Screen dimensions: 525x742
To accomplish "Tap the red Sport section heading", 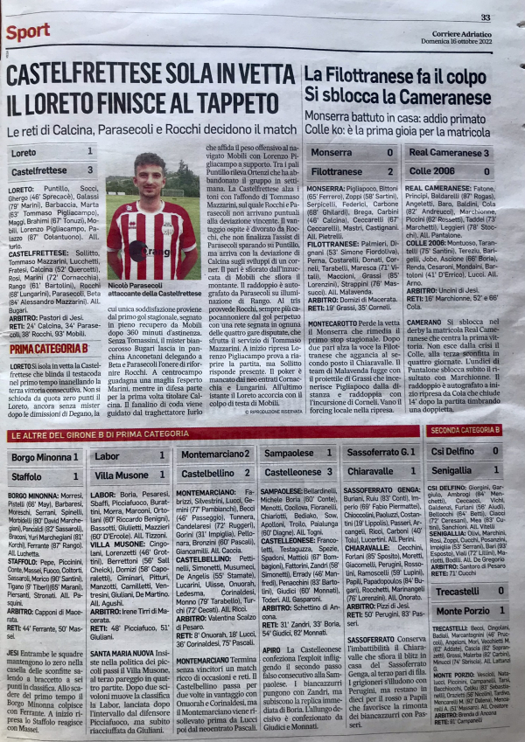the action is click(x=27, y=32).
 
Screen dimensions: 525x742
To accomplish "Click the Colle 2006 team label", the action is click(x=431, y=171).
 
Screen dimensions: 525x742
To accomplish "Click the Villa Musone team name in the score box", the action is click(x=122, y=475).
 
